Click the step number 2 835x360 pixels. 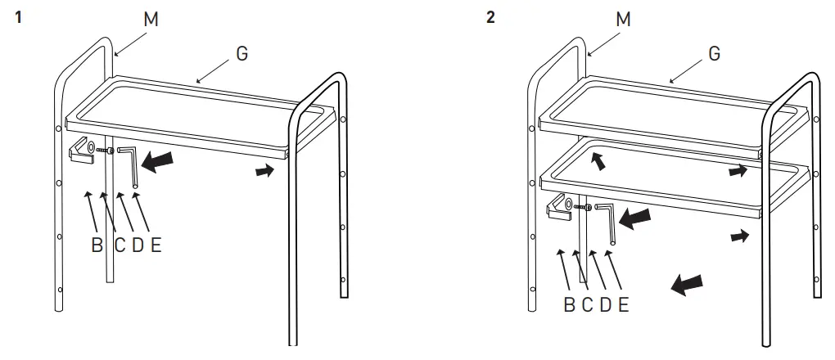[490, 17]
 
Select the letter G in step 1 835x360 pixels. [241, 54]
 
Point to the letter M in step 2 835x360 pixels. [624, 18]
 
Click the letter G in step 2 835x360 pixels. [714, 54]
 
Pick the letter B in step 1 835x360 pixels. [97, 245]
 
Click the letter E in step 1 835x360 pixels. [156, 245]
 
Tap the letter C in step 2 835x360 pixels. [587, 305]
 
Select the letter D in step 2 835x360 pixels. [606, 305]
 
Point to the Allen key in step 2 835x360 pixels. [607, 223]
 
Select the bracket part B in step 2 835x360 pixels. [559, 211]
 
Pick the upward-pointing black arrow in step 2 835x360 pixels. [600, 162]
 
